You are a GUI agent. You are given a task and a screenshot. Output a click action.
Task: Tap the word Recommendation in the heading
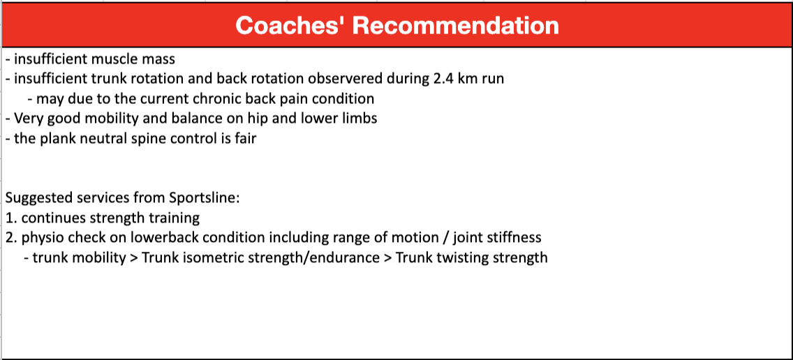coord(456,25)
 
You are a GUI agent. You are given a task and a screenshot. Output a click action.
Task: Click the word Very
coord(27,119)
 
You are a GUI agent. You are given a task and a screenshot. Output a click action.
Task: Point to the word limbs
coord(360,119)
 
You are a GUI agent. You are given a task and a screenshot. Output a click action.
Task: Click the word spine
coord(131,139)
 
